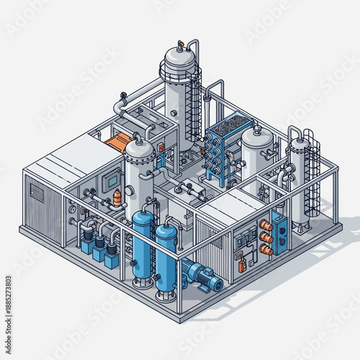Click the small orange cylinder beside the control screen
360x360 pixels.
pos(117,197)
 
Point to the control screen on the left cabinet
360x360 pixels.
pos(109,179)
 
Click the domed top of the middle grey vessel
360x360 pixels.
pos(138,149)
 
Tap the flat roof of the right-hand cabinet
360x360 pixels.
pos(230,206)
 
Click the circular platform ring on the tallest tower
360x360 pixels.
pos(179,72)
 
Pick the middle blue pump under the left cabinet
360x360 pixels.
pos(99,249)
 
